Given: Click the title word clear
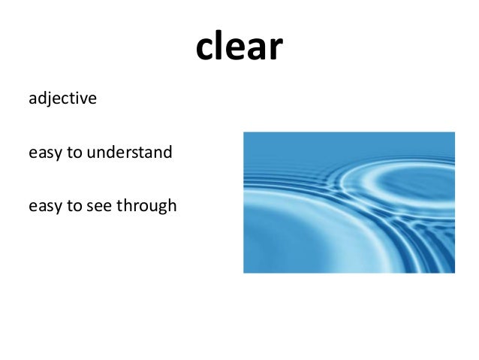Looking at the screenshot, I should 239,47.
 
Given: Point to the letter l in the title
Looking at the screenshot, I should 221,45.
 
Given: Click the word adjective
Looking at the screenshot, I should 62,98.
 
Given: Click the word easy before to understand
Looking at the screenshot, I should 43,153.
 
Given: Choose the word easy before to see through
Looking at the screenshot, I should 43,206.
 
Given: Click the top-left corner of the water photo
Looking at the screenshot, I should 244,132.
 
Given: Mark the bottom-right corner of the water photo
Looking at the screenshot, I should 454,272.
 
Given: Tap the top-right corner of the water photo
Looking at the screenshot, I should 454,132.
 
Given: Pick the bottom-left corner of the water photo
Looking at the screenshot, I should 244,272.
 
